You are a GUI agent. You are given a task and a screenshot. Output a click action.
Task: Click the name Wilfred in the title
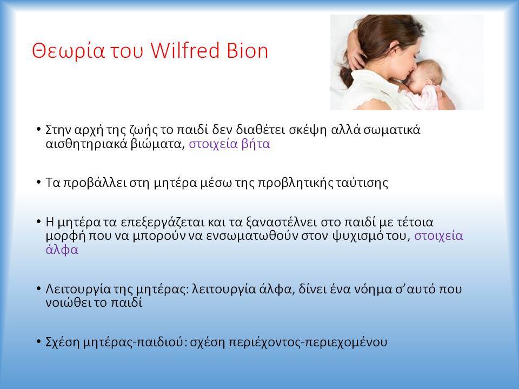point(185,51)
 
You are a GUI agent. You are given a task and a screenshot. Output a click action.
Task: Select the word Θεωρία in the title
point(68,51)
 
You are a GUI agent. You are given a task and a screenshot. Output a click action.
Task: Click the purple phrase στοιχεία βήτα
point(229,144)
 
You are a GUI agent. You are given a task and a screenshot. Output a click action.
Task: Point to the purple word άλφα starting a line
point(62,250)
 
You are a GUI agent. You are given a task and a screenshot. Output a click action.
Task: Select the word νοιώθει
point(68,303)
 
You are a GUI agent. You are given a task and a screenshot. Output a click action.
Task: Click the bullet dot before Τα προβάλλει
point(39,182)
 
